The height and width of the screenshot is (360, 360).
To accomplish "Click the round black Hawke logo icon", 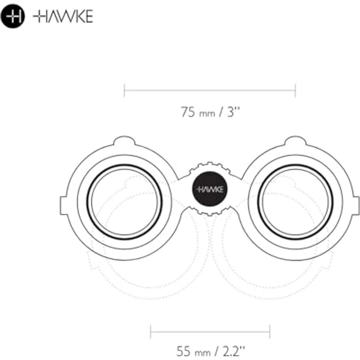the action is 13,16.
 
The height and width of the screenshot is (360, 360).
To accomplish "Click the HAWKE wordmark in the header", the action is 63,16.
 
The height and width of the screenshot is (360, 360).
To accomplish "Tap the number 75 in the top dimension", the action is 188,112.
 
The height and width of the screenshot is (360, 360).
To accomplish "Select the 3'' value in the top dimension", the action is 233,112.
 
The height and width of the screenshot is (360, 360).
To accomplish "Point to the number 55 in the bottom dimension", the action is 183,351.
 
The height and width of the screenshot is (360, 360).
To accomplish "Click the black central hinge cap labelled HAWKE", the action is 210,189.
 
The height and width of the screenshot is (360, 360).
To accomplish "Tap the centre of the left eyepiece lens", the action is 125,202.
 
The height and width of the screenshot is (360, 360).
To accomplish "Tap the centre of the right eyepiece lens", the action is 295,202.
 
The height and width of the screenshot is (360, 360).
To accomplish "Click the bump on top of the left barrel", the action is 124,140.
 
